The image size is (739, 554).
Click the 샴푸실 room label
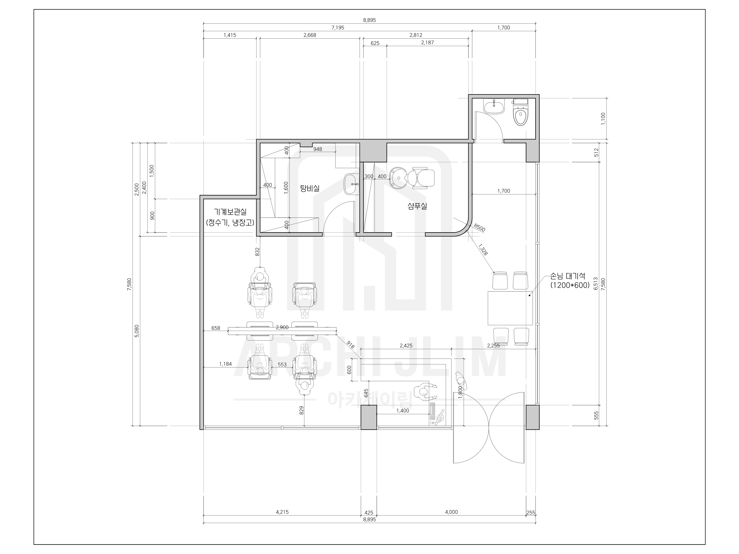(417, 206)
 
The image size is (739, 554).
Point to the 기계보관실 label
(230, 212)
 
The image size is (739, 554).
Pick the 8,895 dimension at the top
(369, 20)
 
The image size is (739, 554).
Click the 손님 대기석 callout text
(568, 276)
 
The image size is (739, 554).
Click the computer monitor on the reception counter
(440, 416)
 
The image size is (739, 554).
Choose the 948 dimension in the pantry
(318, 149)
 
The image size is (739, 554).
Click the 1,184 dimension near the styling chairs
(225, 364)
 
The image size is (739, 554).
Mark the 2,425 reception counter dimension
(406, 346)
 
